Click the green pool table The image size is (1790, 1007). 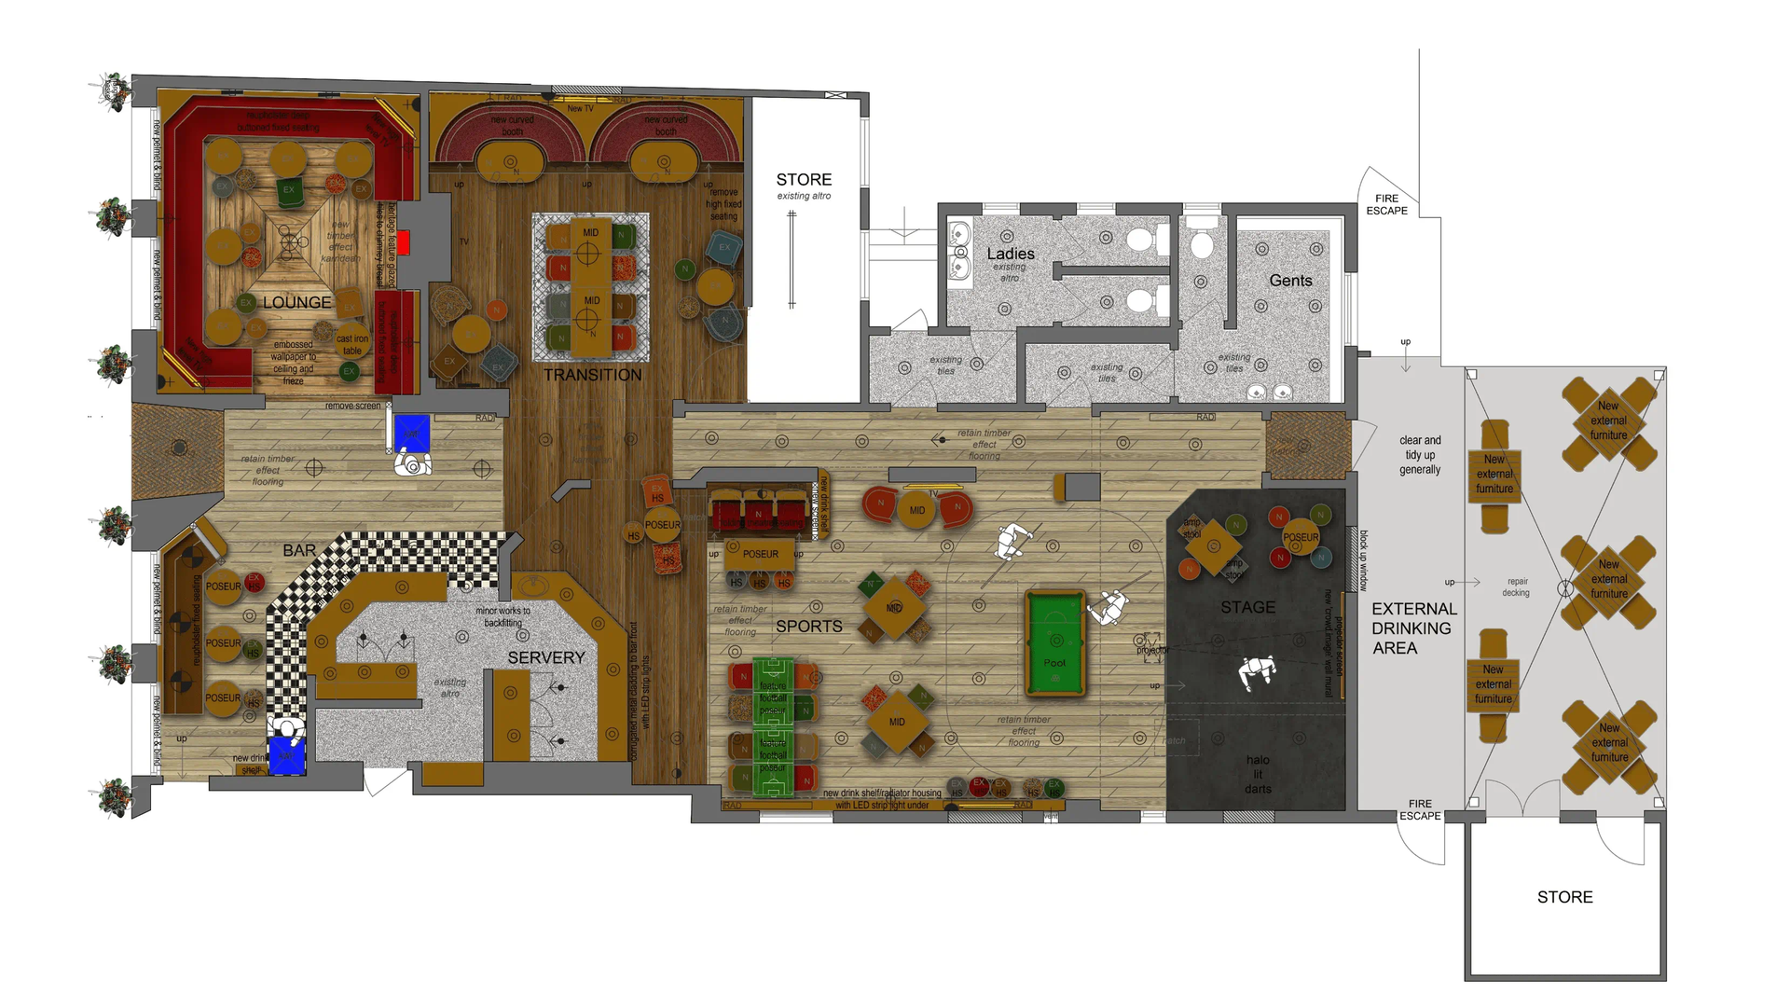coord(1055,643)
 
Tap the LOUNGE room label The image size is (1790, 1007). coord(296,302)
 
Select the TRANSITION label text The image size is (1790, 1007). coord(593,375)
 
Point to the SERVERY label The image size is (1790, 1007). coord(546,657)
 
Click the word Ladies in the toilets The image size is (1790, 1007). coord(1011,254)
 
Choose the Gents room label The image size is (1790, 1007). coord(1290,281)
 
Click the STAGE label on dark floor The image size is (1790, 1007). coord(1247,607)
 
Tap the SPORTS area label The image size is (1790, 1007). coord(809,627)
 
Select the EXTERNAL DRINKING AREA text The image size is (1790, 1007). coord(1413,628)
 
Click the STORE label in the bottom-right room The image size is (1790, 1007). coord(1564,897)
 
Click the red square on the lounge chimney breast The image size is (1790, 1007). coord(403,243)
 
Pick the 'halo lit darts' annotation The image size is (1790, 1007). coord(1258,774)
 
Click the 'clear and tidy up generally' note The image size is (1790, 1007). coord(1420,455)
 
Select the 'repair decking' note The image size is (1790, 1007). coord(1517,586)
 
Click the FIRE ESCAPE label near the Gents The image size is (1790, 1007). coord(1386,204)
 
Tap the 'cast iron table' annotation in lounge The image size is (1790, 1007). coord(351,345)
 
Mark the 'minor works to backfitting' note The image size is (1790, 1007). coord(503,616)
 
